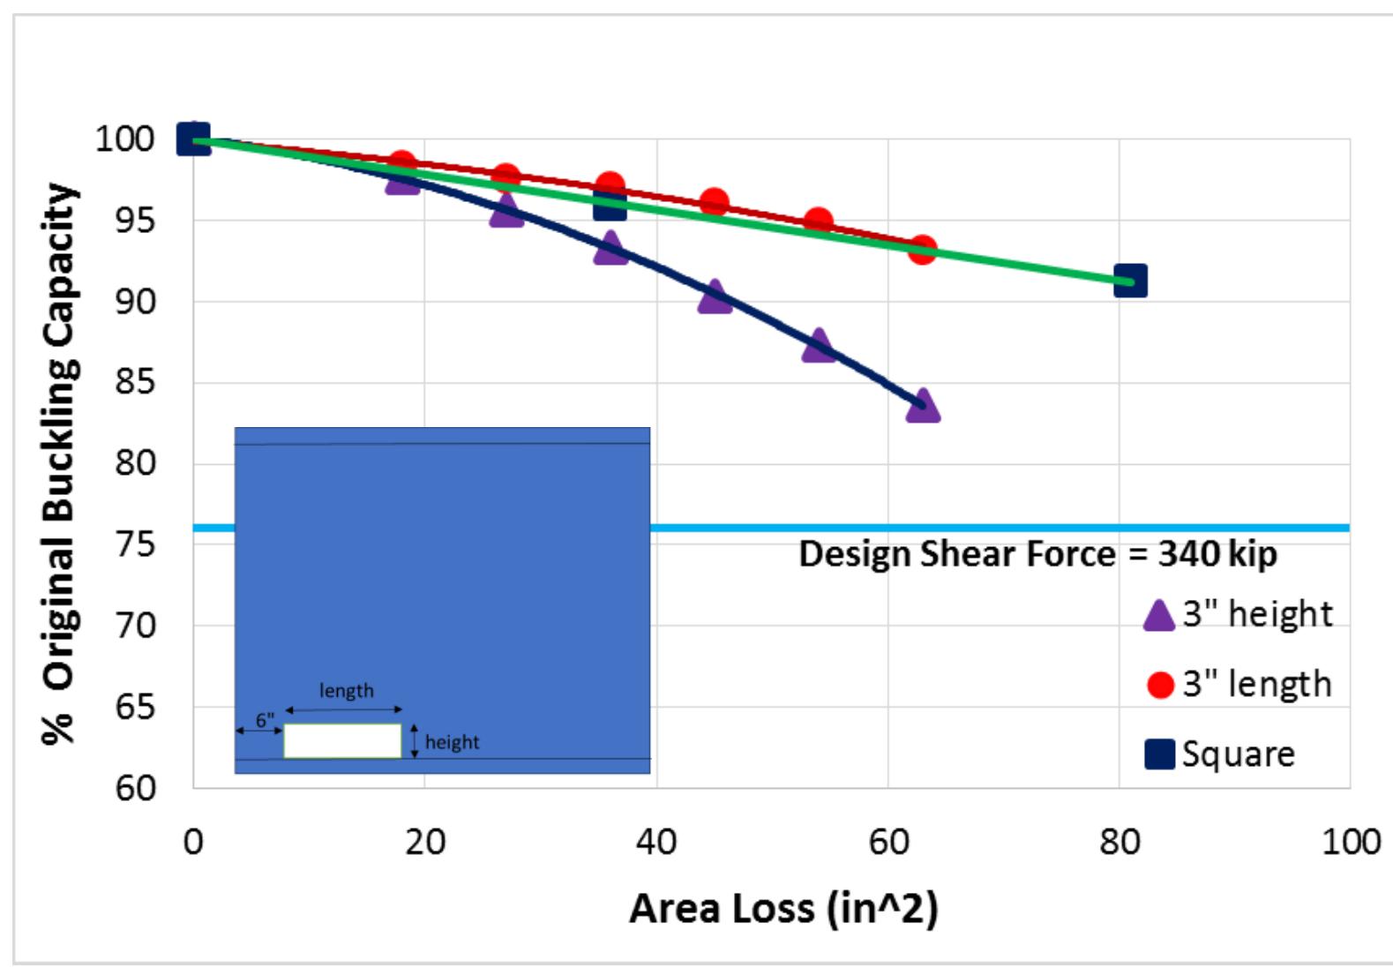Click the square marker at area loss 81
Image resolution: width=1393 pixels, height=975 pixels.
[1130, 281]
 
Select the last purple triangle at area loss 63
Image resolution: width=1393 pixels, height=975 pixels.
[922, 407]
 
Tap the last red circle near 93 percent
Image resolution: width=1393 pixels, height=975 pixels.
[922, 251]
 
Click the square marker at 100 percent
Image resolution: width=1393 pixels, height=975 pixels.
[194, 139]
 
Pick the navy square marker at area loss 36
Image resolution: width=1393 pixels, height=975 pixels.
[610, 205]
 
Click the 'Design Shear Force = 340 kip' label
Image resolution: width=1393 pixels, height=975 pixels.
[1037, 555]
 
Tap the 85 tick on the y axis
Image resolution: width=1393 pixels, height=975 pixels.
[134, 382]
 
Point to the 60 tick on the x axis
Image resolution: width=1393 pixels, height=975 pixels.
[887, 843]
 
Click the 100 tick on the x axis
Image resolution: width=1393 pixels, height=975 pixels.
[1350, 843]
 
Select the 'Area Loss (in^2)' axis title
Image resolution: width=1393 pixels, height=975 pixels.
[783, 909]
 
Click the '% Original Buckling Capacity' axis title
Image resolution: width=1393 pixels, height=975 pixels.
[61, 463]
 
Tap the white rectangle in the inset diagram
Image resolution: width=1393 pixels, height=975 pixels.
[342, 741]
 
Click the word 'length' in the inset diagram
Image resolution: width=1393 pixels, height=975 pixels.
[346, 691]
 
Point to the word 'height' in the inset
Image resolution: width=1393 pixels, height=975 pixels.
[452, 742]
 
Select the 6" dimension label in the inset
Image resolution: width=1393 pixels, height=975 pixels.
[265, 721]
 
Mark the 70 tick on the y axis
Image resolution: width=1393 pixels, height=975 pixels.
[134, 626]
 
